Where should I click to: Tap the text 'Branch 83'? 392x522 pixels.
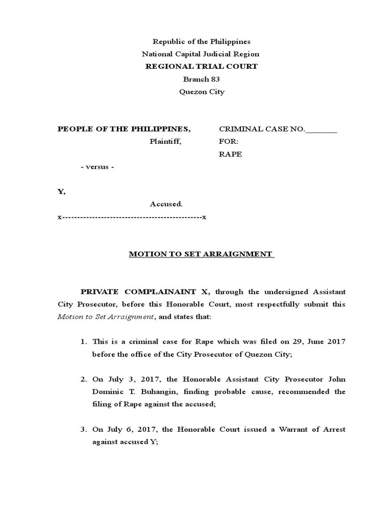click(201, 79)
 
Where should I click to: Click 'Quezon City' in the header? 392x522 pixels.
click(201, 92)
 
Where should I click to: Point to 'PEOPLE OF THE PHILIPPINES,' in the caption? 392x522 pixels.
click(124, 129)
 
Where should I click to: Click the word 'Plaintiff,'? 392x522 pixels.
click(165, 142)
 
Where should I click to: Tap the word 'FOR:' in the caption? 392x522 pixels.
click(229, 142)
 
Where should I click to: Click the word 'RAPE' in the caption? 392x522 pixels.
click(231, 154)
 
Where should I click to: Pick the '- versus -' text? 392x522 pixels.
click(97, 167)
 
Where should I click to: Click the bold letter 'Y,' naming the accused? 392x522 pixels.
click(61, 192)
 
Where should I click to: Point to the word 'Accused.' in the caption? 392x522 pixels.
click(166, 204)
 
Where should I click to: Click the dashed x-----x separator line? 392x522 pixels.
click(132, 217)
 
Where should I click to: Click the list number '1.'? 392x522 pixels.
click(84, 342)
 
